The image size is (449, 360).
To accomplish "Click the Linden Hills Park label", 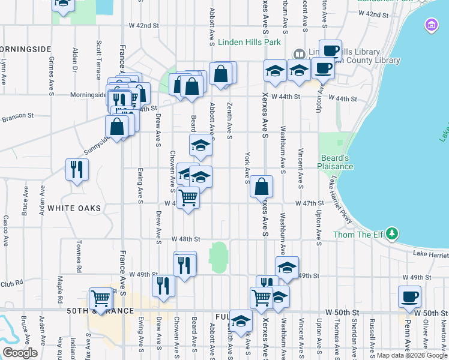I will [249, 43].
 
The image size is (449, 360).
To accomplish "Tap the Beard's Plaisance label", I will [335, 162].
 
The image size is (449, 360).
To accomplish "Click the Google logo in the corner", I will [20, 353].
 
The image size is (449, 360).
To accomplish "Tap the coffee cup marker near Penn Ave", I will [409, 296].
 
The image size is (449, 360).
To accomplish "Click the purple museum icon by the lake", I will [431, 25].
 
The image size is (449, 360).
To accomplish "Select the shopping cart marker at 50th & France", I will [100, 299].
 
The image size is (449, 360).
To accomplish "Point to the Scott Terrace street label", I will [98, 60].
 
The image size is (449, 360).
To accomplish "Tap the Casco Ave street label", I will [5, 231].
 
